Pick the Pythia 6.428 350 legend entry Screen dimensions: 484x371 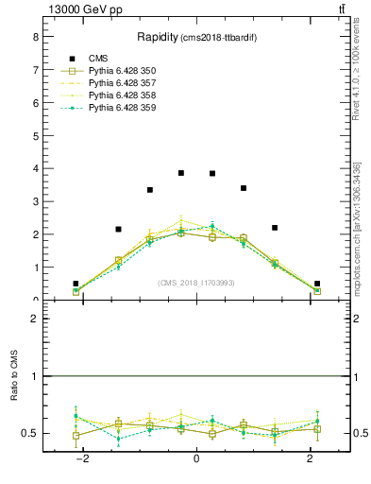coord(122,71)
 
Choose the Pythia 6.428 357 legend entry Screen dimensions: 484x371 coord(122,83)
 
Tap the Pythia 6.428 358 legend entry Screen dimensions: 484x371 coord(122,95)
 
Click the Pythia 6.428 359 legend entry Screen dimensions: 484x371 coord(122,108)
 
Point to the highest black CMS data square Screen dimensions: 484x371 coord(181,173)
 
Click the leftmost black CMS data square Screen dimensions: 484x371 coord(76,284)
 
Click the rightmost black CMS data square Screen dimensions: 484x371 coord(317,284)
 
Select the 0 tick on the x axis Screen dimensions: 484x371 coord(196,459)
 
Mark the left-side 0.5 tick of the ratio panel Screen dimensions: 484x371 coord(31,433)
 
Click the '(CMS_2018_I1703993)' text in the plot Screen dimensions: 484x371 coord(196,282)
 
